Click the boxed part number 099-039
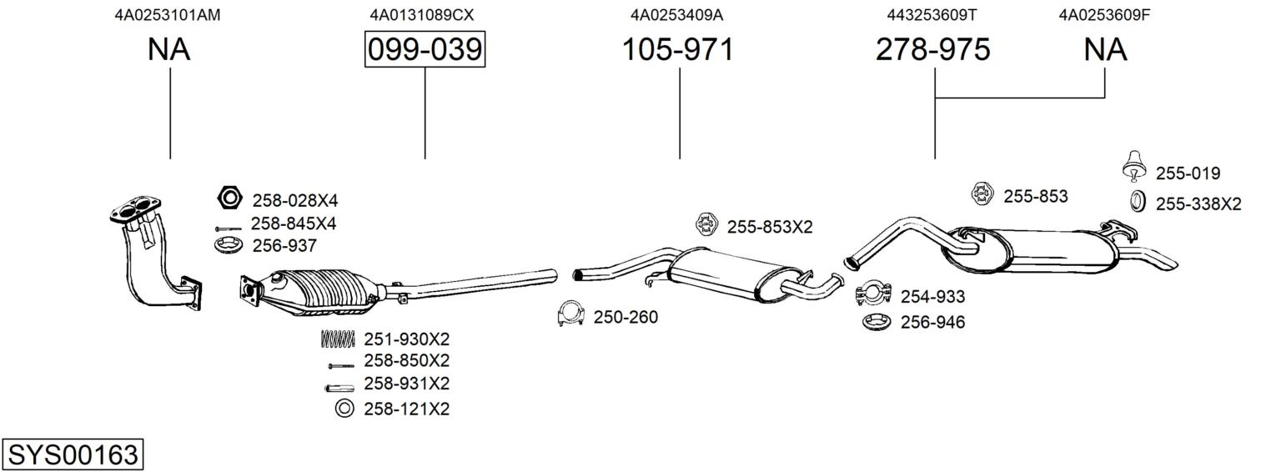click(x=424, y=50)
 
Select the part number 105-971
click(x=678, y=50)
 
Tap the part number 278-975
click(x=932, y=50)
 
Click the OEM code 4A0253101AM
click(x=168, y=14)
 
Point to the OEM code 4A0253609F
click(x=1104, y=14)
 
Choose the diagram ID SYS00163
click(x=73, y=455)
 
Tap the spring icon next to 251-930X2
click(x=338, y=339)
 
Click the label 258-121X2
click(x=406, y=409)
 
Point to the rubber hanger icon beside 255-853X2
click(x=706, y=224)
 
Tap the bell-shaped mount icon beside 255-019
click(x=1133, y=164)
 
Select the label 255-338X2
click(x=1198, y=203)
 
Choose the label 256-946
click(x=932, y=322)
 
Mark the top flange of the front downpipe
click(x=135, y=208)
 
